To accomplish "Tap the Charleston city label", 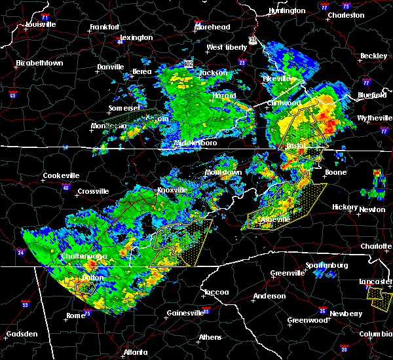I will tap(346, 14).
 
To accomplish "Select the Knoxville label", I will tap(173, 190).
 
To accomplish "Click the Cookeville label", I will tap(61, 175).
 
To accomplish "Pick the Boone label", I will tap(336, 173).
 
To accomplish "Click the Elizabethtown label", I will tap(39, 63).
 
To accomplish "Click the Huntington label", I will tap(287, 10).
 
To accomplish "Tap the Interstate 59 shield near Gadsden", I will tap(26, 305).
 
